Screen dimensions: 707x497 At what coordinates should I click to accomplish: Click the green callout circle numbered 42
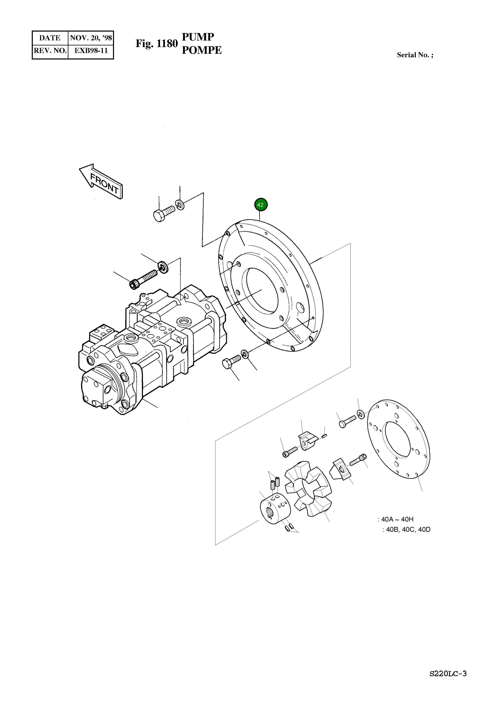click(261, 205)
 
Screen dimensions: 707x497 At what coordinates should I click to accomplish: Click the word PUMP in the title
click(198, 37)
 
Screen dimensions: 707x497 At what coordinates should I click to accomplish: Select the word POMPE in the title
click(202, 50)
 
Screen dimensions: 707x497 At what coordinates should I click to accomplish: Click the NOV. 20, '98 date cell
click(91, 38)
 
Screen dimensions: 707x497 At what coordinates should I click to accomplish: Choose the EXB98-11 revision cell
click(91, 51)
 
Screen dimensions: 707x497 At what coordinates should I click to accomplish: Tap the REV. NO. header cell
click(50, 51)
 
